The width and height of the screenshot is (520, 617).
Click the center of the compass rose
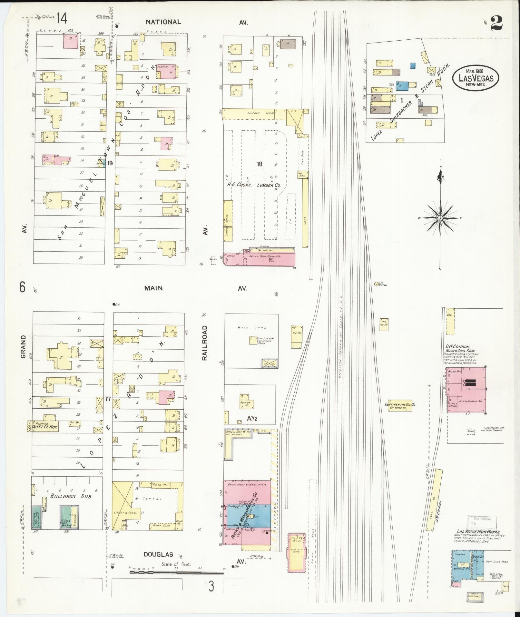pos(440,218)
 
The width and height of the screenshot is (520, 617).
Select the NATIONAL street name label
pos(163,22)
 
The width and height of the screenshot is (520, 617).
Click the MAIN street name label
pos(153,288)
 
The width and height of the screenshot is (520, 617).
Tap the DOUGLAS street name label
pos(158,555)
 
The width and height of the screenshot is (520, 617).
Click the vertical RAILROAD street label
pos(205,343)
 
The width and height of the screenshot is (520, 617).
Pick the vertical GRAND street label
pos(23,346)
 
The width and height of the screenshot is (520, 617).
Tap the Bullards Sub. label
pos(71,505)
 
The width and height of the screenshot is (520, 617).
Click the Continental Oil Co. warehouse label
pos(401,406)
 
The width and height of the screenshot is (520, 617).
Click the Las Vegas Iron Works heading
pos(478,532)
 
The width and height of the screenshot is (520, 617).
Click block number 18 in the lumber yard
pos(259,164)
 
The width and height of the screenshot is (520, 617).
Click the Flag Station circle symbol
pos(376,284)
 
